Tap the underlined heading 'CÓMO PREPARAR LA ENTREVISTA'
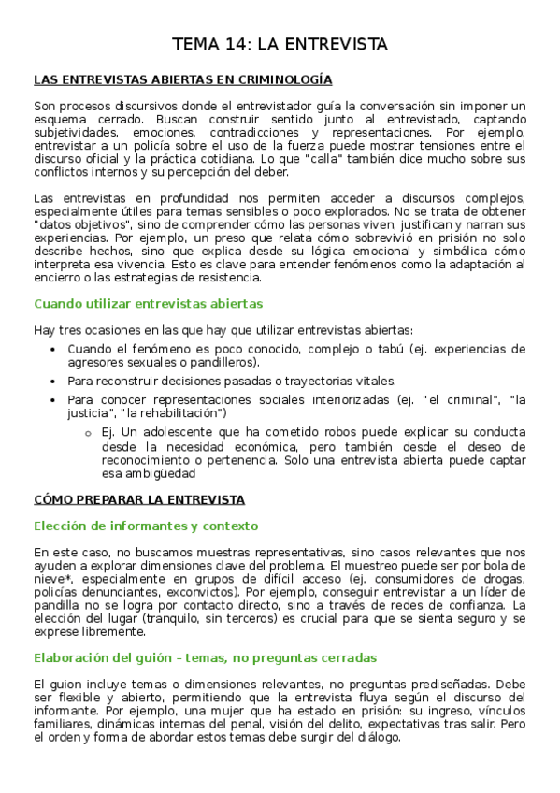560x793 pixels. click(x=138, y=499)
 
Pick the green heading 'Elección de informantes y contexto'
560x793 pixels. click(x=145, y=526)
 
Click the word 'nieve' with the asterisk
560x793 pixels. click(x=50, y=579)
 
